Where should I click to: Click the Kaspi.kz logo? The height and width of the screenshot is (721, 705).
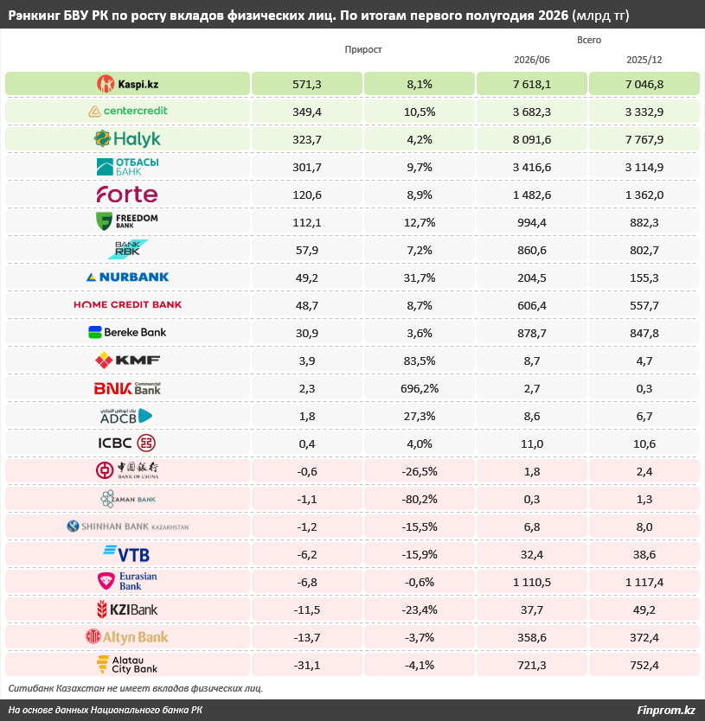coord(127,84)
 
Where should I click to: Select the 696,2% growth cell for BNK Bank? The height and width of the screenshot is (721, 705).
coord(420,388)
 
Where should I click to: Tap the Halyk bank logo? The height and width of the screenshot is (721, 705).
coord(127,139)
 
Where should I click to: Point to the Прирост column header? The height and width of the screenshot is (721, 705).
coord(363,49)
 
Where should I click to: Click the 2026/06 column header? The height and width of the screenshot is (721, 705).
coord(531,60)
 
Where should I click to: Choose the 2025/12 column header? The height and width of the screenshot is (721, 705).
coord(644,60)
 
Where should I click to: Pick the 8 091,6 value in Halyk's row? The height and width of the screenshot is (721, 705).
coord(531,139)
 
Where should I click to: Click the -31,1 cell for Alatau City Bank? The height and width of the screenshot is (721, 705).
coord(307,665)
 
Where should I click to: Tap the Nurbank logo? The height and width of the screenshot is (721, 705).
coord(127,277)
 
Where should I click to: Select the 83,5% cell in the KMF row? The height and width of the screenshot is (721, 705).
coord(420,361)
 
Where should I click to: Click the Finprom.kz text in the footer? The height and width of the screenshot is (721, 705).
coord(665,710)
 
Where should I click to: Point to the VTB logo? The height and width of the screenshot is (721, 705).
coord(127,553)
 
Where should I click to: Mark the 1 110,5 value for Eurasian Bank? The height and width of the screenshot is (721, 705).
coord(531,582)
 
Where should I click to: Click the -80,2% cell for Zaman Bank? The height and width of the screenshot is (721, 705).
coord(420,500)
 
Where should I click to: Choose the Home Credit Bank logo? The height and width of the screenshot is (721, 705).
coord(127,304)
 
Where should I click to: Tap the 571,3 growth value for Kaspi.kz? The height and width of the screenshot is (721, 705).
coord(307,84)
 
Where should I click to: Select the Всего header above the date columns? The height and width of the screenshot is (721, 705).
coord(588,40)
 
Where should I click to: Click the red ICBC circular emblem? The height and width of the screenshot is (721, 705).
coord(146,443)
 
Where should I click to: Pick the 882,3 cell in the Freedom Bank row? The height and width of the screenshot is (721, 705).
coord(644,222)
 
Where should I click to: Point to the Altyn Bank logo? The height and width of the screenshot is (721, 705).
coord(127,637)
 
